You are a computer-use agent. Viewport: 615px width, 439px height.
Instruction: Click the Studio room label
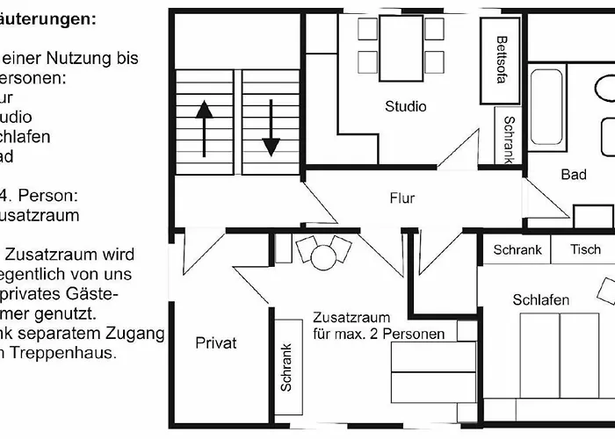point(405,106)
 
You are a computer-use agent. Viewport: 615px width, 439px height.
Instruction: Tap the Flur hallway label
point(402,198)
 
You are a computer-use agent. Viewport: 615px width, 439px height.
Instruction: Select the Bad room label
point(574,175)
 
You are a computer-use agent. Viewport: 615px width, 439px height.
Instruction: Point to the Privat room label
point(215,343)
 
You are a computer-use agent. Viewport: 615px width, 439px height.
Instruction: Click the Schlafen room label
point(540,300)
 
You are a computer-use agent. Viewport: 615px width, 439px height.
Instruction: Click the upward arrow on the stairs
point(204,127)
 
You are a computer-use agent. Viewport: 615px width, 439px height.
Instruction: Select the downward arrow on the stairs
point(271,127)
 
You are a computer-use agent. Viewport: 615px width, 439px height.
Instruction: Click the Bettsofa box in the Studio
point(501,58)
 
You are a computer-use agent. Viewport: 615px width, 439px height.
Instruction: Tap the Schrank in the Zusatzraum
point(286,367)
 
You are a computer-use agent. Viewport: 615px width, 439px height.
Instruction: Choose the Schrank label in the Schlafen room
point(517,250)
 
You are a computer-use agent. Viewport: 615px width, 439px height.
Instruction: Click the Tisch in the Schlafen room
point(585,250)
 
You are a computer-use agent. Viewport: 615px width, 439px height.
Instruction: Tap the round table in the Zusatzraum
point(324,257)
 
